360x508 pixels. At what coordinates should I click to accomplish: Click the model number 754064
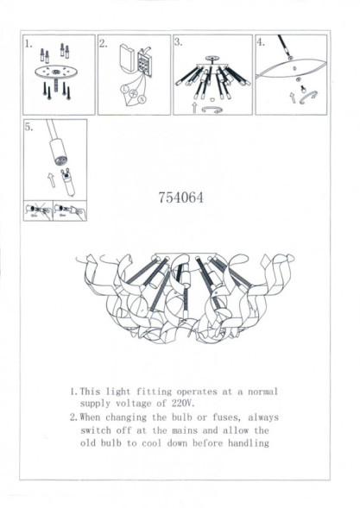[180, 197]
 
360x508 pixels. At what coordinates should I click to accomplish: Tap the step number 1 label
[28, 42]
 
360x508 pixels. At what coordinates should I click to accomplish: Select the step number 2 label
[104, 42]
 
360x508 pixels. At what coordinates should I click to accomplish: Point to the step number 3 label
[178, 41]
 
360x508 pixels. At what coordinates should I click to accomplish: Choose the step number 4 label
[261, 41]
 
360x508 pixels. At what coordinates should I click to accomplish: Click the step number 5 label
[29, 127]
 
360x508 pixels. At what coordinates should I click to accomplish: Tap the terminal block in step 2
[141, 60]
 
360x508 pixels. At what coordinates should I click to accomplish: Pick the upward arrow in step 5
[49, 179]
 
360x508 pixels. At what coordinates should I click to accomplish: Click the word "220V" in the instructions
[182, 403]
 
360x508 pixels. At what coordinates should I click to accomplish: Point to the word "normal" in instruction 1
[260, 391]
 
